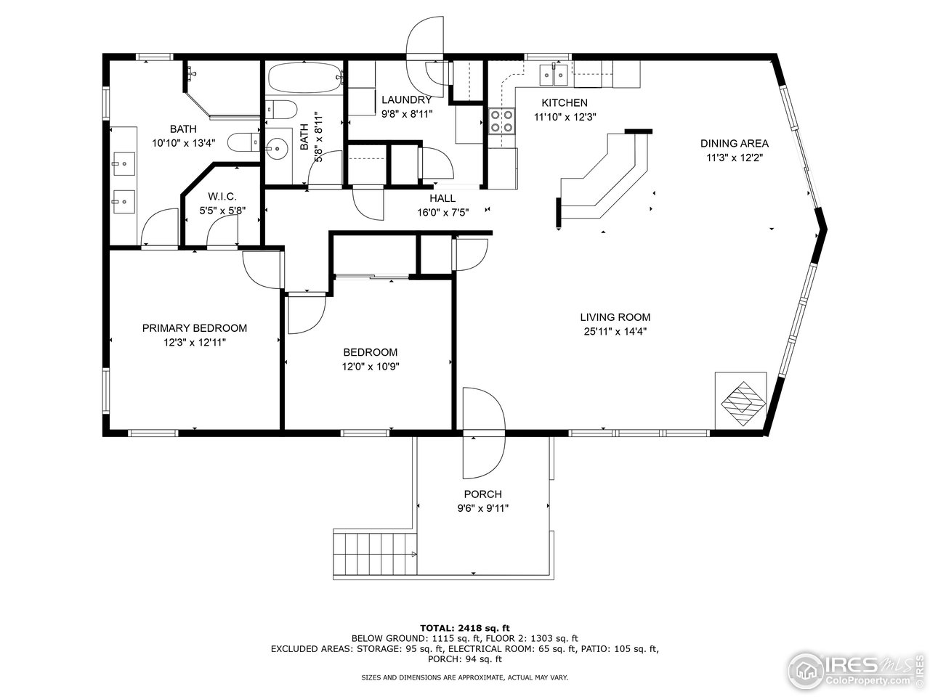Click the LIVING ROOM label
click(615, 317)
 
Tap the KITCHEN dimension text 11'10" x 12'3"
click(565, 117)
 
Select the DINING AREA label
click(734, 144)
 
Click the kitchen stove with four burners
click(501, 121)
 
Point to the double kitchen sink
click(554, 73)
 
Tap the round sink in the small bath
click(277, 150)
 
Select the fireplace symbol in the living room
click(740, 401)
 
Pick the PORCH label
click(483, 494)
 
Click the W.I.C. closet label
click(222, 197)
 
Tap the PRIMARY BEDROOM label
click(194, 328)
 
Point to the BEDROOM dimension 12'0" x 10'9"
click(371, 367)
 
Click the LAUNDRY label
click(406, 100)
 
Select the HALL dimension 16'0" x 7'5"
click(442, 213)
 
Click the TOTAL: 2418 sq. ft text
click(465, 627)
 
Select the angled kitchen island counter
click(607, 178)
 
